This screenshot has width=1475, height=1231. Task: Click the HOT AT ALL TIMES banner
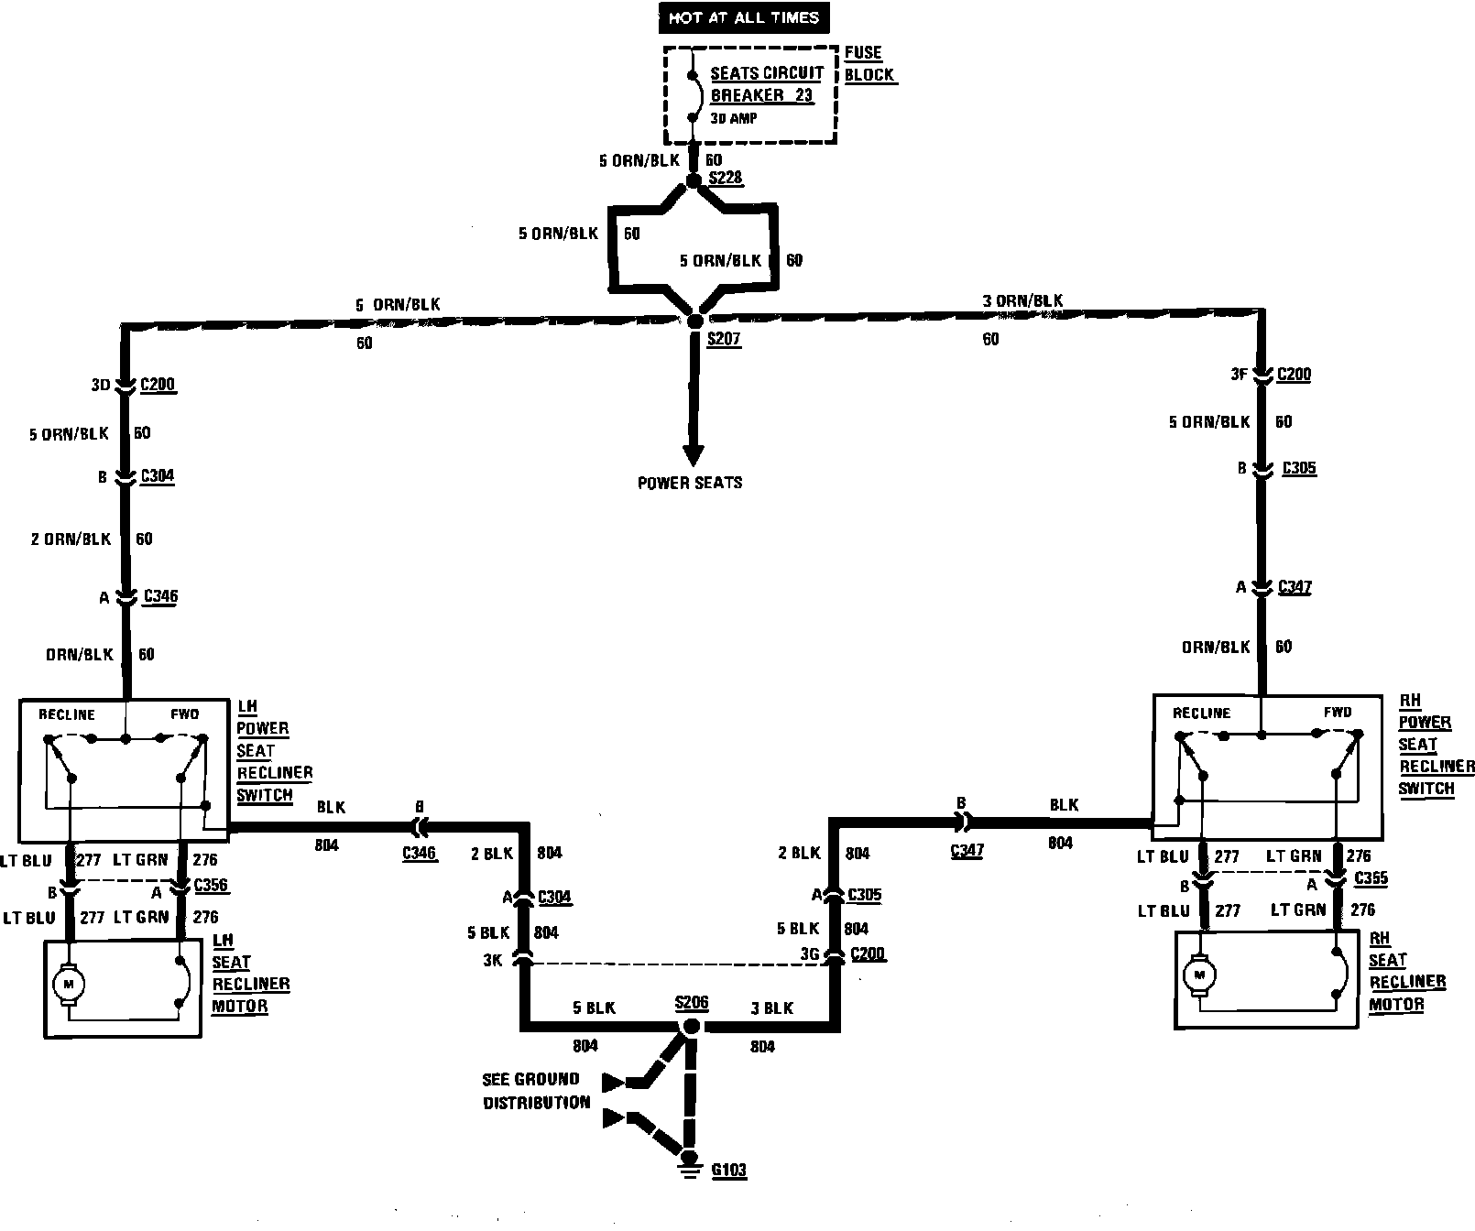pos(743,17)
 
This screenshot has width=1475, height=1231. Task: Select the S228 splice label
pos(725,178)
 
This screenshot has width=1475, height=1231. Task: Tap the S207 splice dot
pos(694,321)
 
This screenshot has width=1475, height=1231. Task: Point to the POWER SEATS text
pos(690,483)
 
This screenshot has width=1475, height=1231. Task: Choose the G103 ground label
pos(728,1170)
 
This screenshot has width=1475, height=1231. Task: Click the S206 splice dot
pos(692,1028)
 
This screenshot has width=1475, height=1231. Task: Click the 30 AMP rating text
pos(734,119)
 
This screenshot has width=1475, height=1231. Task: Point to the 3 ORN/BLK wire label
pos(1022,300)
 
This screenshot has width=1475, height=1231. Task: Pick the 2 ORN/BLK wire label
pos(71,539)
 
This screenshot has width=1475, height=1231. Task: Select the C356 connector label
pos(211,886)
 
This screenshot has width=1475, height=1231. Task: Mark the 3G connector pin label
pos(808,954)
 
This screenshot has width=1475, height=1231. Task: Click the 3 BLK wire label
pos(771,1008)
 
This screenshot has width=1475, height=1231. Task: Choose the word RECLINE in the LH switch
pos(67,714)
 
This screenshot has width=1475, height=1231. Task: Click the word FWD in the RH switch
pos(1337,713)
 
